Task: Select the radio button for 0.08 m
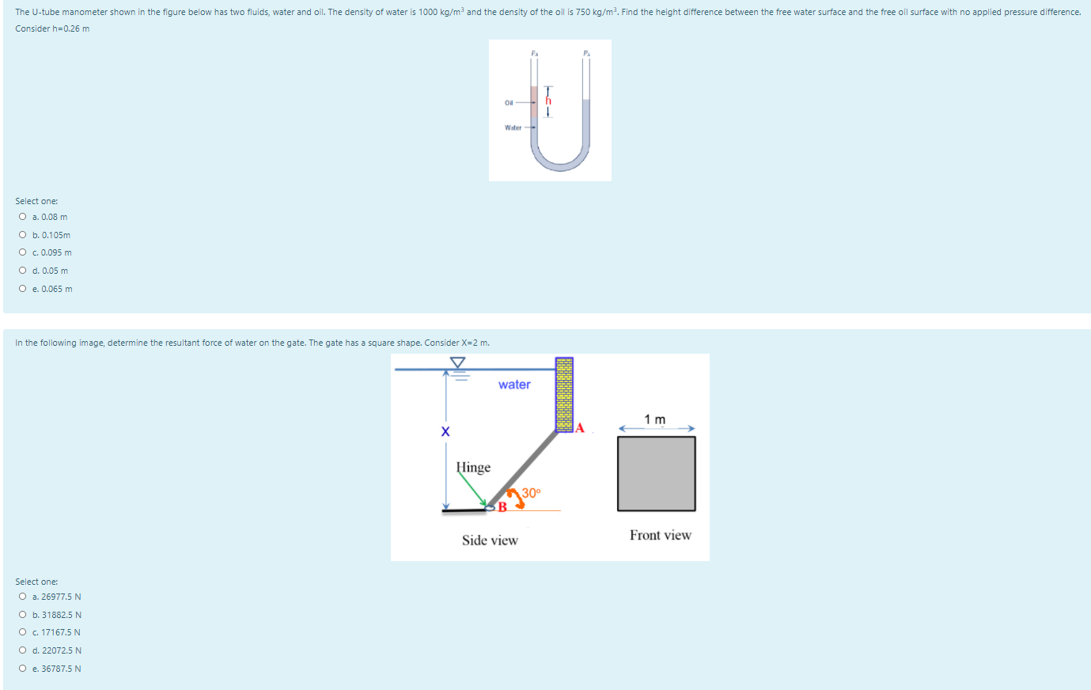(23, 217)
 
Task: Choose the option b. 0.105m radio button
(23, 235)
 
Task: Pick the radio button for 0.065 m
(23, 289)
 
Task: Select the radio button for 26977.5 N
(23, 597)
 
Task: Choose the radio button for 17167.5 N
(23, 632)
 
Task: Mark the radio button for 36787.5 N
(23, 669)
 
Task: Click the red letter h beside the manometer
(548, 101)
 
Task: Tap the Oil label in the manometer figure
(509, 103)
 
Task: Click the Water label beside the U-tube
(513, 127)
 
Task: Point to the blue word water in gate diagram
(514, 385)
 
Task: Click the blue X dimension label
(445, 431)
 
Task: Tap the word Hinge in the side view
(473, 468)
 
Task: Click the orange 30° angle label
(532, 492)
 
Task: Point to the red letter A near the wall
(580, 428)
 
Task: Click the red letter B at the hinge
(502, 507)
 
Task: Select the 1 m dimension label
(655, 419)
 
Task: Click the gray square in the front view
(657, 473)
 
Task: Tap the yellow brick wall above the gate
(564, 394)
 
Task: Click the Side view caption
(490, 540)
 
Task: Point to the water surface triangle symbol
(458, 362)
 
